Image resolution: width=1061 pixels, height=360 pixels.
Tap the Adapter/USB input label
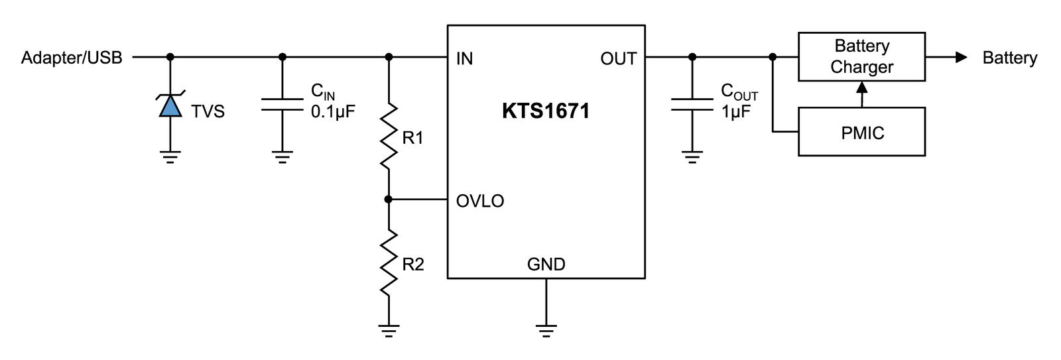72,58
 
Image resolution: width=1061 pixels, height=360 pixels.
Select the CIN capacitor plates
282,105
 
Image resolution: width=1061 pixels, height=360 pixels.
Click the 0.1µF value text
333,112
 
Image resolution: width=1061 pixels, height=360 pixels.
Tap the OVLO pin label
480,201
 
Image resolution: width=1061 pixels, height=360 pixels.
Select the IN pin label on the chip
464,59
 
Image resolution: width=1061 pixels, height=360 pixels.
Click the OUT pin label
618,59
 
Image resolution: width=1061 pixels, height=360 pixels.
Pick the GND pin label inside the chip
546,265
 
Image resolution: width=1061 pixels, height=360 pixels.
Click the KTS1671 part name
546,111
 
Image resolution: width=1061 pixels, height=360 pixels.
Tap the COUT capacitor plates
692,105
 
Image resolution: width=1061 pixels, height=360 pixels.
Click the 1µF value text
735,112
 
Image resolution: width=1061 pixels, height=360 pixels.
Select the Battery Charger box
861,57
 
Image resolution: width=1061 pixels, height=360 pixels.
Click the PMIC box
861,132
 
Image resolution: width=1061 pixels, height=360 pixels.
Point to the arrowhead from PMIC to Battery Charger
862,87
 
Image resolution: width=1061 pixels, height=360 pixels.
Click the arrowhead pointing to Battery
961,57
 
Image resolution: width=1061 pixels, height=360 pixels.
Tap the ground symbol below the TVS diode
170,157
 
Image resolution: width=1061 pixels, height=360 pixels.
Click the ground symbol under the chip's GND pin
546,331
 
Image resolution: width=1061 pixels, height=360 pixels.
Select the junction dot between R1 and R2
389,200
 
